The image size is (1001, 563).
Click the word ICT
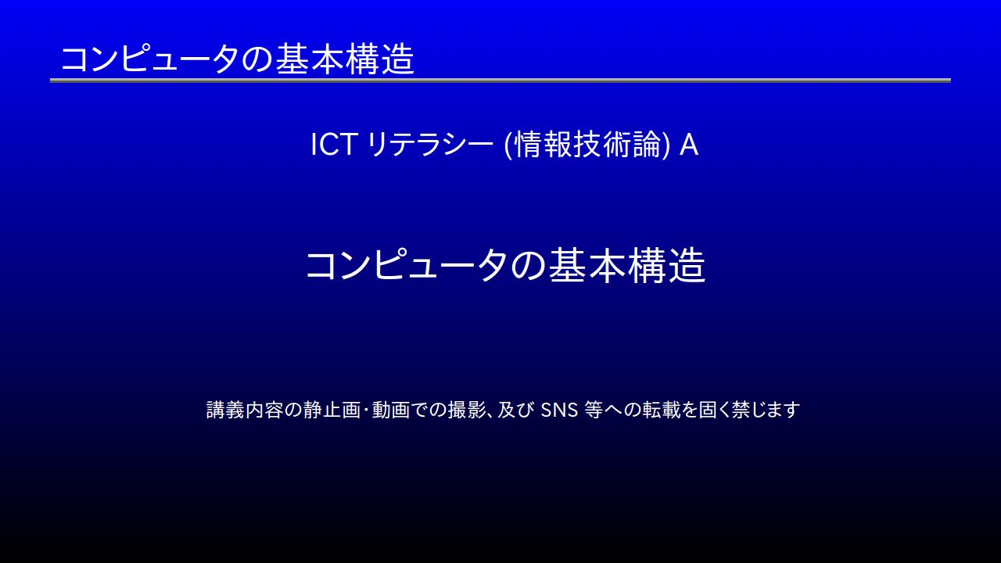[x=333, y=145]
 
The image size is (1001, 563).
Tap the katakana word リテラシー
[x=429, y=145]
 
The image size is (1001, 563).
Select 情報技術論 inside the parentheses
[x=587, y=145]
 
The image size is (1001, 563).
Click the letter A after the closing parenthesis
[x=689, y=145]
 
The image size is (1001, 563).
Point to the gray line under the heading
[x=500, y=81]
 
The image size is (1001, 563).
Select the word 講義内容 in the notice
[x=245, y=410]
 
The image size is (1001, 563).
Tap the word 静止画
[x=332, y=410]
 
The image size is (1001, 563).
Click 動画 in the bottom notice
[x=391, y=410]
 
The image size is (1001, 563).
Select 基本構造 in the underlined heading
[x=346, y=59]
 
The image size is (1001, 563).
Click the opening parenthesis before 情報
[x=508, y=145]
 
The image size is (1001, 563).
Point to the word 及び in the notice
[x=516, y=410]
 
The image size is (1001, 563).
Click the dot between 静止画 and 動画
[x=367, y=411]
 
